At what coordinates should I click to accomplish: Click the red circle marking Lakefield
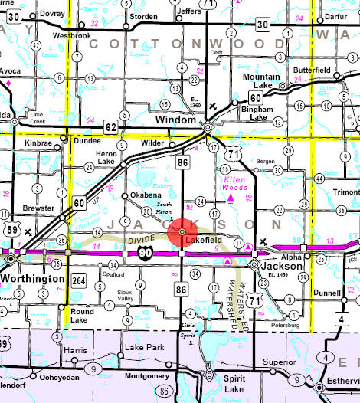[182, 231]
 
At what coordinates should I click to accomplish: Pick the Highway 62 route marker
[111, 126]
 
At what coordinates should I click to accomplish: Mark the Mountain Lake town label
[261, 82]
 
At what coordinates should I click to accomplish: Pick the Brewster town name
[39, 208]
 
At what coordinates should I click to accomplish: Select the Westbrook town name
[72, 34]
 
